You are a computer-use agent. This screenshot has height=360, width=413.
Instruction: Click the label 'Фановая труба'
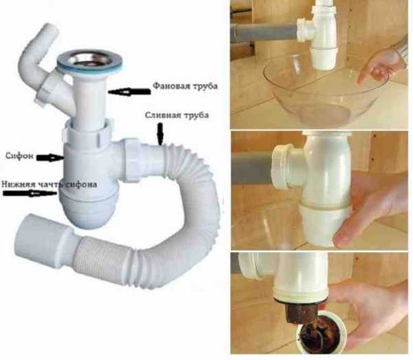pyautogui.click(x=185, y=86)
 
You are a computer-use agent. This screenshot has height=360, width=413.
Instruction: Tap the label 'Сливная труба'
pyautogui.click(x=177, y=115)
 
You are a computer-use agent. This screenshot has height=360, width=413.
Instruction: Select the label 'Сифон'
pyautogui.click(x=19, y=156)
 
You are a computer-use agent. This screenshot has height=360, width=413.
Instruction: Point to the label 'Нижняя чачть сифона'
pyautogui.click(x=50, y=184)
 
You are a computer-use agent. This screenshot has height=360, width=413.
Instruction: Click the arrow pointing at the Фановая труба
pyautogui.click(x=129, y=92)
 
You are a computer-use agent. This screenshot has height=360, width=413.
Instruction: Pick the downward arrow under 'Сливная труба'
pyautogui.click(x=160, y=134)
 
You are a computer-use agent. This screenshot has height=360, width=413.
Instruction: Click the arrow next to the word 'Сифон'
pyautogui.click(x=50, y=158)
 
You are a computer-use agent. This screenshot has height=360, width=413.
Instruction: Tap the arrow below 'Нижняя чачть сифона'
pyautogui.click(x=30, y=193)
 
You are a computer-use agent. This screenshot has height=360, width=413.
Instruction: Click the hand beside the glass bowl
pyautogui.click(x=380, y=64)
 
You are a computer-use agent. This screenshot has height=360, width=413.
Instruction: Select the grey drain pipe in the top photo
pyautogui.click(x=265, y=32)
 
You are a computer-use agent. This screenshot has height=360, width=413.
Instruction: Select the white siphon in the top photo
pyautogui.click(x=319, y=35)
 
